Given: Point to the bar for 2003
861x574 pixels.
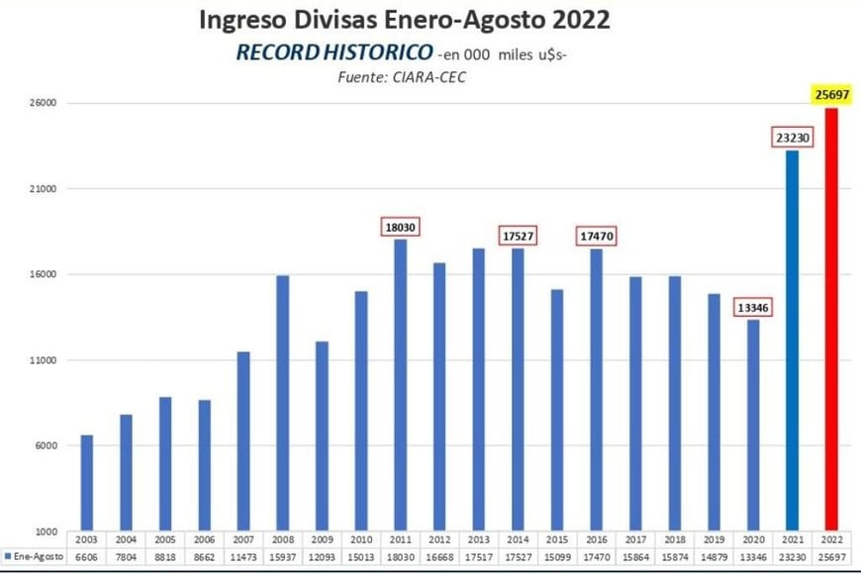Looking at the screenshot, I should pos(87,482).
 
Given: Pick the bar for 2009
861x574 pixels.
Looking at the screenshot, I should pos(322,435).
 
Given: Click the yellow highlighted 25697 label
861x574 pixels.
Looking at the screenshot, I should pos(831,94).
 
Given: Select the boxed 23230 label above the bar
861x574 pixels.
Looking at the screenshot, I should pos(792,138).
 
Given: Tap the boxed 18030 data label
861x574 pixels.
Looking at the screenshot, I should pos(400,227).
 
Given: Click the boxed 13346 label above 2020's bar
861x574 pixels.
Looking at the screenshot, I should pos(752,307).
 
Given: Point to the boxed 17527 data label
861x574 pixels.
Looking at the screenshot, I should pos(518,236).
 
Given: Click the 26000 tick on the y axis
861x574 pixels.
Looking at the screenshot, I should pos(41,103).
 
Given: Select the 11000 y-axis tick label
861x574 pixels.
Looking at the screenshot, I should pos(41,360).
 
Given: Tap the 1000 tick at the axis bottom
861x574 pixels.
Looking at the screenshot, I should pos(44,531).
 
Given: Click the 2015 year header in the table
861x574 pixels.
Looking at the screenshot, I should pos(557,540).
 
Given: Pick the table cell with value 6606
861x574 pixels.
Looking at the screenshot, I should pos(87,557).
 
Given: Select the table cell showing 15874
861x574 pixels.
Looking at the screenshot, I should pos(674,557).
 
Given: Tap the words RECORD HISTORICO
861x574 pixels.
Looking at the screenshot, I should pos(333,52).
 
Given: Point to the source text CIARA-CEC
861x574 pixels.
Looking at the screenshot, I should pos(432,77).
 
